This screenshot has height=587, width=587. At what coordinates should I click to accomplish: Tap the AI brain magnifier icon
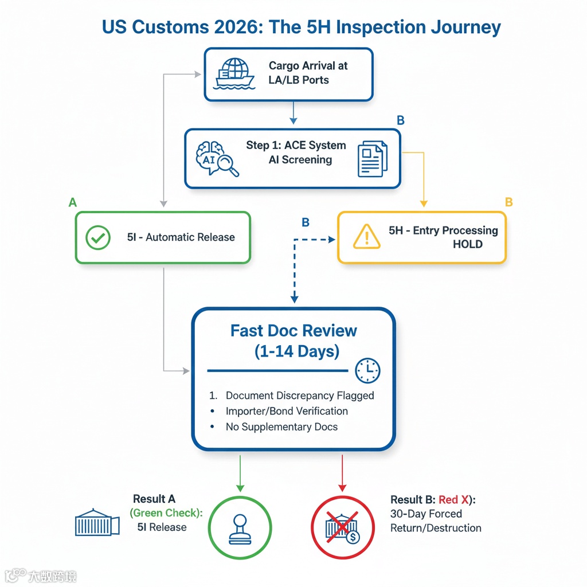(217, 158)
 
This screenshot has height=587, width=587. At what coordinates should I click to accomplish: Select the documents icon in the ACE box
(372, 158)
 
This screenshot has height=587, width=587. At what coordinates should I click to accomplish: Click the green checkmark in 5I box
(98, 237)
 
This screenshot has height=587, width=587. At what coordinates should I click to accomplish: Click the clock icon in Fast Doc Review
(367, 371)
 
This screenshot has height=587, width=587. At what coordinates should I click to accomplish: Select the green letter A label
(72, 202)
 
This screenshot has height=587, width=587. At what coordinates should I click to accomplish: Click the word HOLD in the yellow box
(468, 245)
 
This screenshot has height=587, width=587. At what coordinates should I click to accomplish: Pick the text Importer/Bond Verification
(287, 411)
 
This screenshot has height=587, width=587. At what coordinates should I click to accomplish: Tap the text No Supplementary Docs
(281, 426)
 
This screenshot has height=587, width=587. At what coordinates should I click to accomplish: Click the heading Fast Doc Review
(293, 331)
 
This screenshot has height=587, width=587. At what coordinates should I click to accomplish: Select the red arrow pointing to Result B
(342, 472)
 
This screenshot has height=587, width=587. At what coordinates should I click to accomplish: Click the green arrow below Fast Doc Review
(240, 472)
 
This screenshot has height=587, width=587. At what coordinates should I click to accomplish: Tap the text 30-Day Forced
(426, 514)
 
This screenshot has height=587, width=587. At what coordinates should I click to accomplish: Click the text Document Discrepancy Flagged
(300, 396)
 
